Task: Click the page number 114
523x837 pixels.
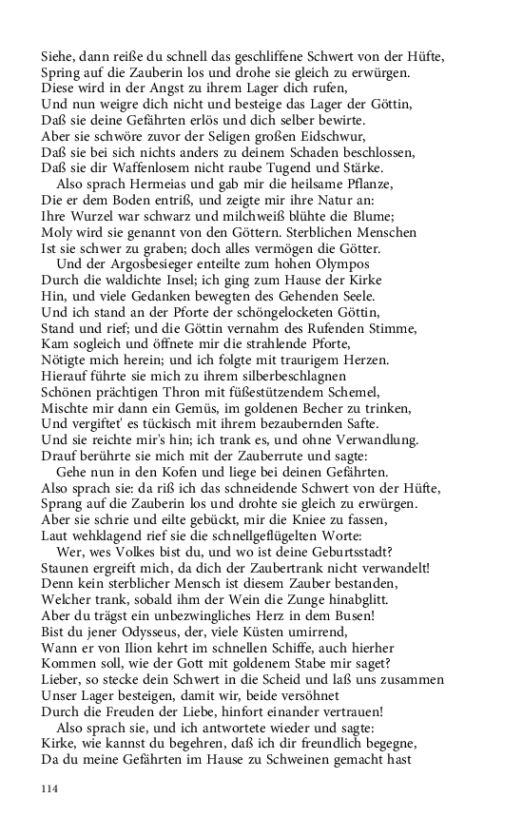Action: click(49, 788)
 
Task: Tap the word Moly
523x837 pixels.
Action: click(56, 233)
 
